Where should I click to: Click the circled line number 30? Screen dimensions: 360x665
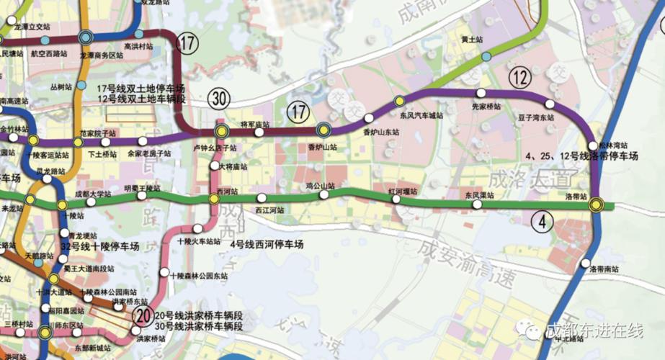point(220,99)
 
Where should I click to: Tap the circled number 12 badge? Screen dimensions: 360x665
point(521,76)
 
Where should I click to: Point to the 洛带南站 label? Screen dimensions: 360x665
point(604,268)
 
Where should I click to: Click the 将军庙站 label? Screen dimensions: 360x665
point(254,125)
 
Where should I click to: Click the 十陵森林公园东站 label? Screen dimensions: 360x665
point(199,276)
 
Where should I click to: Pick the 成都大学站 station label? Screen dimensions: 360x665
point(94,194)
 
